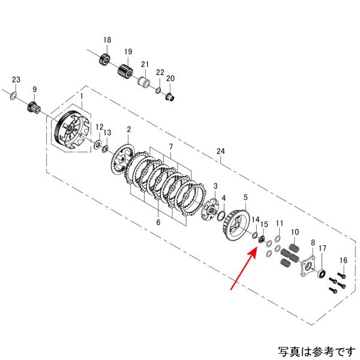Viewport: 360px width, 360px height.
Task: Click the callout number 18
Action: click(107, 40)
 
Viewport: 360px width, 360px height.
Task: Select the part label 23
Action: click(17, 80)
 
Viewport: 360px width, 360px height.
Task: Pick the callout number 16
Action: click(343, 260)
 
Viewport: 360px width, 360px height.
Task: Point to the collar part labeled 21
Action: click(144, 81)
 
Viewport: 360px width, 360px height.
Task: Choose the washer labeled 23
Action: click(13, 95)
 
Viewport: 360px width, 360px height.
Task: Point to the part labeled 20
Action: click(170, 96)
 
